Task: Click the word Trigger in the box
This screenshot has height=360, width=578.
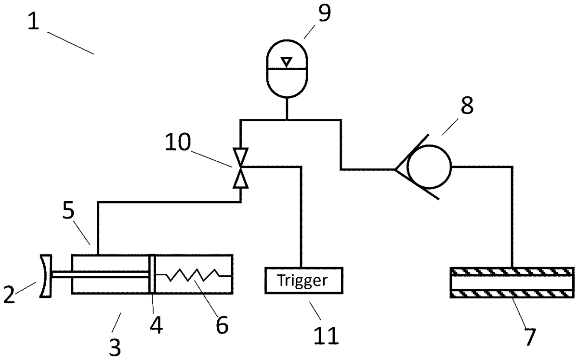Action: coord(302,281)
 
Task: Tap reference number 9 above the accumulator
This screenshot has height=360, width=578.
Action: coord(324,13)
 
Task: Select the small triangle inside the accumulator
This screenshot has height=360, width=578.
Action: coord(287,62)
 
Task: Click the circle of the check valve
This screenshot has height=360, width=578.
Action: coord(429,167)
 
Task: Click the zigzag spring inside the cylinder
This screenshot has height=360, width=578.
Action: coord(194,275)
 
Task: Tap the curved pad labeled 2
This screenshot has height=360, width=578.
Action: coord(46,276)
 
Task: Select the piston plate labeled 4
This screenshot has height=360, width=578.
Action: coord(152,274)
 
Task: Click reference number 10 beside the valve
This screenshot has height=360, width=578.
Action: coord(178,142)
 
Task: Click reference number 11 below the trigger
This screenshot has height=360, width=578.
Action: coord(326,335)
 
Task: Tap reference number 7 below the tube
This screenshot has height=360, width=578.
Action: coord(530,337)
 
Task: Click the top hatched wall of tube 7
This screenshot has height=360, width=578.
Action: coord(512,272)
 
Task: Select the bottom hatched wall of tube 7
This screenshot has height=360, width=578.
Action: coord(512,294)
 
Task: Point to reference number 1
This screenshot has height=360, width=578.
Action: coord(34,21)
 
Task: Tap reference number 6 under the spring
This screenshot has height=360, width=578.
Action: coord(222,325)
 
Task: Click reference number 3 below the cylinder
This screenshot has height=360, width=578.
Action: coord(115,347)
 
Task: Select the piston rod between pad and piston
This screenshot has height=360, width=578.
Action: coord(101,274)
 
